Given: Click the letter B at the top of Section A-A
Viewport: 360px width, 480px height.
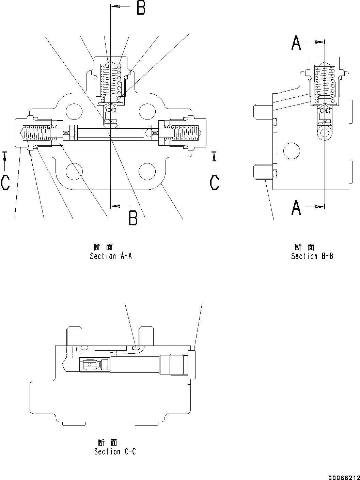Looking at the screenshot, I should [x=141, y=8].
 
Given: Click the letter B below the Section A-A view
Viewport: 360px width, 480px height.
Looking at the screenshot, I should [x=133, y=218].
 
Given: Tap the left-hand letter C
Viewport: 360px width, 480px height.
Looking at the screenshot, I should [x=5, y=182].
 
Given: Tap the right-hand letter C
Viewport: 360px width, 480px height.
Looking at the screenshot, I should [x=215, y=182].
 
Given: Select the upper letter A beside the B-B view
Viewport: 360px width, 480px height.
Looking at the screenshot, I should [x=296, y=44].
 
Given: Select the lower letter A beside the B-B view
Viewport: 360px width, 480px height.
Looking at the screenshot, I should [x=296, y=208].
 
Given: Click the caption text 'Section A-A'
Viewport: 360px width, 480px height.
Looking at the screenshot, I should [x=111, y=256].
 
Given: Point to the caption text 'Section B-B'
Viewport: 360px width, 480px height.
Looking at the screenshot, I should [x=312, y=256].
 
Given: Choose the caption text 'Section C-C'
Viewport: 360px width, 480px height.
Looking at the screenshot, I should [x=115, y=452].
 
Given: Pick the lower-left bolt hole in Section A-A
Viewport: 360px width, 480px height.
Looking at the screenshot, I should [x=74, y=171].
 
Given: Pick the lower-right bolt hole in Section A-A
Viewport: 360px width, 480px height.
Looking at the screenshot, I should [x=147, y=171].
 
